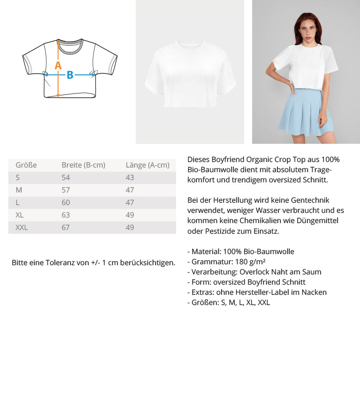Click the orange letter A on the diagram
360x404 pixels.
[58, 66]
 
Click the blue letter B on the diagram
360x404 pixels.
[70, 75]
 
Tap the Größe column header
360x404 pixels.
[26, 165]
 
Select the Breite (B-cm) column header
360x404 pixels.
[83, 165]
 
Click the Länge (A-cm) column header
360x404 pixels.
[147, 165]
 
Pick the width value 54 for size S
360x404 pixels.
[66, 178]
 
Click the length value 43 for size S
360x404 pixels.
[130, 178]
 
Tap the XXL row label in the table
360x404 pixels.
[22, 228]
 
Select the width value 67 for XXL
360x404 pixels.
[66, 228]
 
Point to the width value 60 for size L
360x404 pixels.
[66, 203]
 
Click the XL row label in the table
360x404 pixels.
[19, 215]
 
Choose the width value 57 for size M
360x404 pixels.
[66, 190]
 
